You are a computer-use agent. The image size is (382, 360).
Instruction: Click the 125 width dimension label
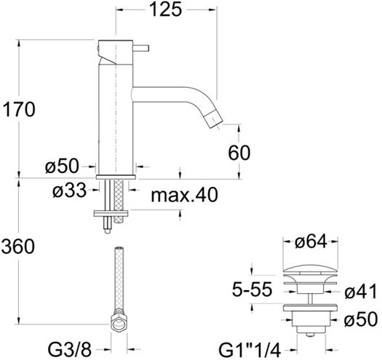point(165,9)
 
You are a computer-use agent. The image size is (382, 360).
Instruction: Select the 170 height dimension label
point(19,109)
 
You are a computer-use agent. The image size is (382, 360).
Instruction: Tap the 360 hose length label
point(18,247)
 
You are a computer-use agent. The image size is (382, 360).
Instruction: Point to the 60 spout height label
point(239,153)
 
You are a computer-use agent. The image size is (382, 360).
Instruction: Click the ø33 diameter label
point(69,190)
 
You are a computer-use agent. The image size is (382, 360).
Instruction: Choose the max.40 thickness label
point(184,195)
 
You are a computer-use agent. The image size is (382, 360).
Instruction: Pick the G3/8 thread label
point(70,351)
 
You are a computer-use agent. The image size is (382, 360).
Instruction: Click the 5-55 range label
point(252,289)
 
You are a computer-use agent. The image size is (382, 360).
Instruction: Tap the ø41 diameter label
point(361,292)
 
